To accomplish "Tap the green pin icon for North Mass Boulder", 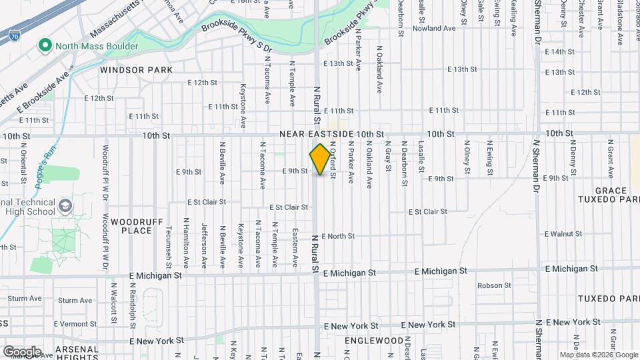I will (45, 46).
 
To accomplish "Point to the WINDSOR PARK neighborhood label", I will (136, 69).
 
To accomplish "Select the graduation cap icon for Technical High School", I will (65, 205).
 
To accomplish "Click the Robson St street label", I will (494, 285).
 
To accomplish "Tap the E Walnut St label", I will (564, 234).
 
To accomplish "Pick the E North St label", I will (338, 236).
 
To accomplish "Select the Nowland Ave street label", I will (434, 29).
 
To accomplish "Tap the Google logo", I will (22, 351).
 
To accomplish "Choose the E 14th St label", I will (559, 51).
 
